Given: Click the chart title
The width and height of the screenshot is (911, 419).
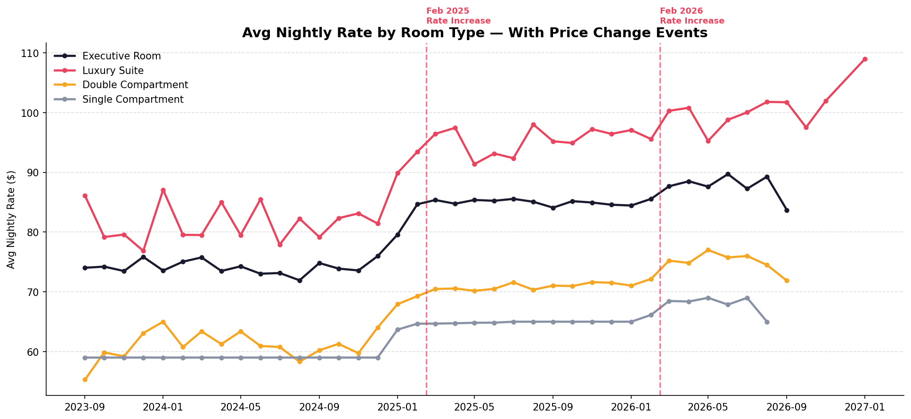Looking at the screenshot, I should tap(474, 33).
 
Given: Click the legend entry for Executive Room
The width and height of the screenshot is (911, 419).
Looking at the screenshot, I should tap(122, 56).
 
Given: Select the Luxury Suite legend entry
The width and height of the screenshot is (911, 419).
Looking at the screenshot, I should tap(113, 71).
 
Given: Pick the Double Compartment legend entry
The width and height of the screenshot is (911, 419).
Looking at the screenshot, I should tap(135, 85).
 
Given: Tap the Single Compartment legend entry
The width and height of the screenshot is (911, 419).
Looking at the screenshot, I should tap(133, 99).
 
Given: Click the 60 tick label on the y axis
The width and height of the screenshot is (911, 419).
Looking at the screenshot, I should tap(35, 352).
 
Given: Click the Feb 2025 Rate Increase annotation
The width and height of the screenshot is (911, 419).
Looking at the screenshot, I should tap(458, 16).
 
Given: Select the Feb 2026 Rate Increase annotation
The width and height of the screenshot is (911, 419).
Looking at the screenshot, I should tap(692, 16).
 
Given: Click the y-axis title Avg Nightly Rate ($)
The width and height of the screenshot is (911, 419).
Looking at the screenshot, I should tap(11, 220).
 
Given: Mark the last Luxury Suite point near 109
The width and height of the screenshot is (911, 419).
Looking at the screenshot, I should tap(865, 59).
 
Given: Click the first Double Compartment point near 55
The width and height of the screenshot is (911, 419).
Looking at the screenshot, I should tap(85, 379).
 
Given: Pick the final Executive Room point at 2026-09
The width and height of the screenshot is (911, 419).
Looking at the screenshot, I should tap(787, 210).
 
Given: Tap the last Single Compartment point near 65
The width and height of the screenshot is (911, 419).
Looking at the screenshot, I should tap(767, 322).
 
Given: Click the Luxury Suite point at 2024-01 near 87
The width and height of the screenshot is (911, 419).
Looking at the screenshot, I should tap(163, 190).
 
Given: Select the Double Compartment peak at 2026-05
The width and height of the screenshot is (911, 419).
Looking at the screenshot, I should tap(708, 250).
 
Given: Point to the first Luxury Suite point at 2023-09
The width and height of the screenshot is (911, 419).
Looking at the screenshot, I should tap(85, 196).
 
